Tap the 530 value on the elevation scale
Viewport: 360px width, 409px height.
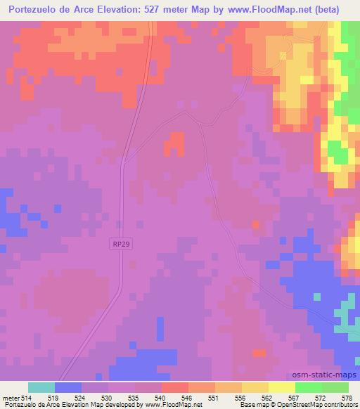[108, 397]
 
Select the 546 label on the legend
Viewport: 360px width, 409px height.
[188, 397]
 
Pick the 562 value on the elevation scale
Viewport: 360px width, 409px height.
[268, 397]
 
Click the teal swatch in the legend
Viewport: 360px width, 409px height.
[41, 387]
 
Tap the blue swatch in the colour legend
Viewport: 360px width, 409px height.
[68, 387]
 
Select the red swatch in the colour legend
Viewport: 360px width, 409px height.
[175, 387]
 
